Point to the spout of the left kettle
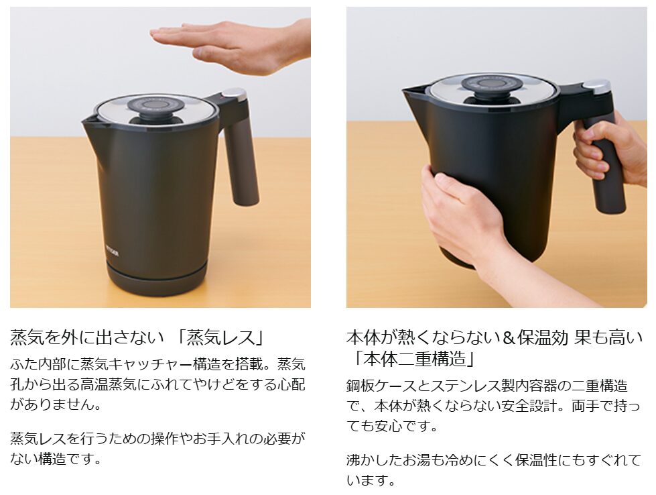pos(90,121)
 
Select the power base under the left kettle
pos(157,278)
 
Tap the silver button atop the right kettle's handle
pos(596,86)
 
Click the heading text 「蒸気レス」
pos(220,337)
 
